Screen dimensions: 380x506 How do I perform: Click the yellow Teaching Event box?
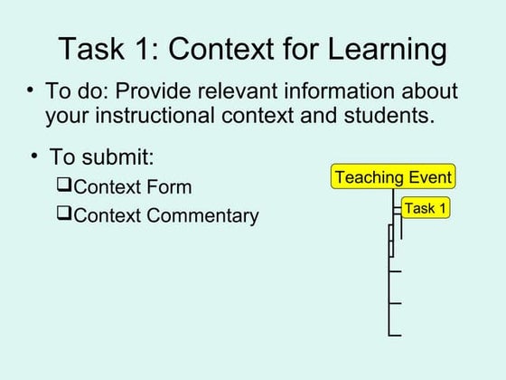(393, 176)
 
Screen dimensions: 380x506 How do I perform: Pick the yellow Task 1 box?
(425, 208)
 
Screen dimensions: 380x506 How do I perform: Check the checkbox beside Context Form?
(63, 186)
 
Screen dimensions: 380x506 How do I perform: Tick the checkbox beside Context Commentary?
(63, 214)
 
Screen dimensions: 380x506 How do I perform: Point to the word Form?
(171, 187)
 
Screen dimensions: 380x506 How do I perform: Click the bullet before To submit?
(34, 155)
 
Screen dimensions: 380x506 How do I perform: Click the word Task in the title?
(90, 49)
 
